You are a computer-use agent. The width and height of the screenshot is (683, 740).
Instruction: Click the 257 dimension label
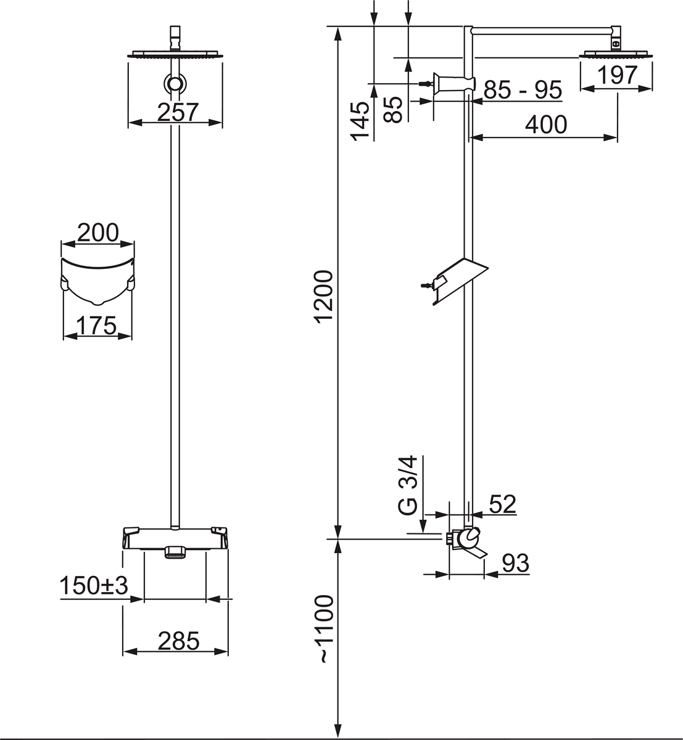(177, 112)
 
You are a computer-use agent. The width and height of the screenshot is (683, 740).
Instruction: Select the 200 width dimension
(97, 232)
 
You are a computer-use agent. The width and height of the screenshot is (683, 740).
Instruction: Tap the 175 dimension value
(96, 325)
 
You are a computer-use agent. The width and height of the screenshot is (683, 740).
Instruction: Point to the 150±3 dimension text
(93, 586)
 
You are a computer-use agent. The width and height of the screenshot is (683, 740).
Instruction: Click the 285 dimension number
(178, 641)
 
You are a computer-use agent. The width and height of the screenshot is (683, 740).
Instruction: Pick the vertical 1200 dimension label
(324, 296)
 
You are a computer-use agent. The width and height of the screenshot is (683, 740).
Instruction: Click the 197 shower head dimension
(618, 75)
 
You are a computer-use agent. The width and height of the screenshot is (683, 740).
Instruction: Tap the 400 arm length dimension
(545, 125)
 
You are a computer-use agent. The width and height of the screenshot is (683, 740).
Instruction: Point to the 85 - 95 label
(523, 90)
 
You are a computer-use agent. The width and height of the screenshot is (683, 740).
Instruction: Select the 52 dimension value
(502, 504)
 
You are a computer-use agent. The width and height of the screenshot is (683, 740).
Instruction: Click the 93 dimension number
(515, 563)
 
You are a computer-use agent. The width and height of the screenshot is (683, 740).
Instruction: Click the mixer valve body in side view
(466, 540)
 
